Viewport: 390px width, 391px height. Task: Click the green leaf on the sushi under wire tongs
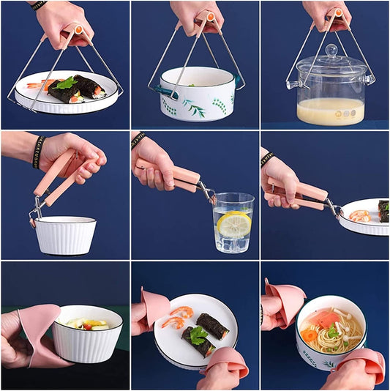pos(67,83)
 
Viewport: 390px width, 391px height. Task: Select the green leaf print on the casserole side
pos(195,109)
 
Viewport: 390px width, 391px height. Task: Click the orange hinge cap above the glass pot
pos(338,14)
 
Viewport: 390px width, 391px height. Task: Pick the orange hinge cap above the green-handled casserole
pos(209,15)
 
